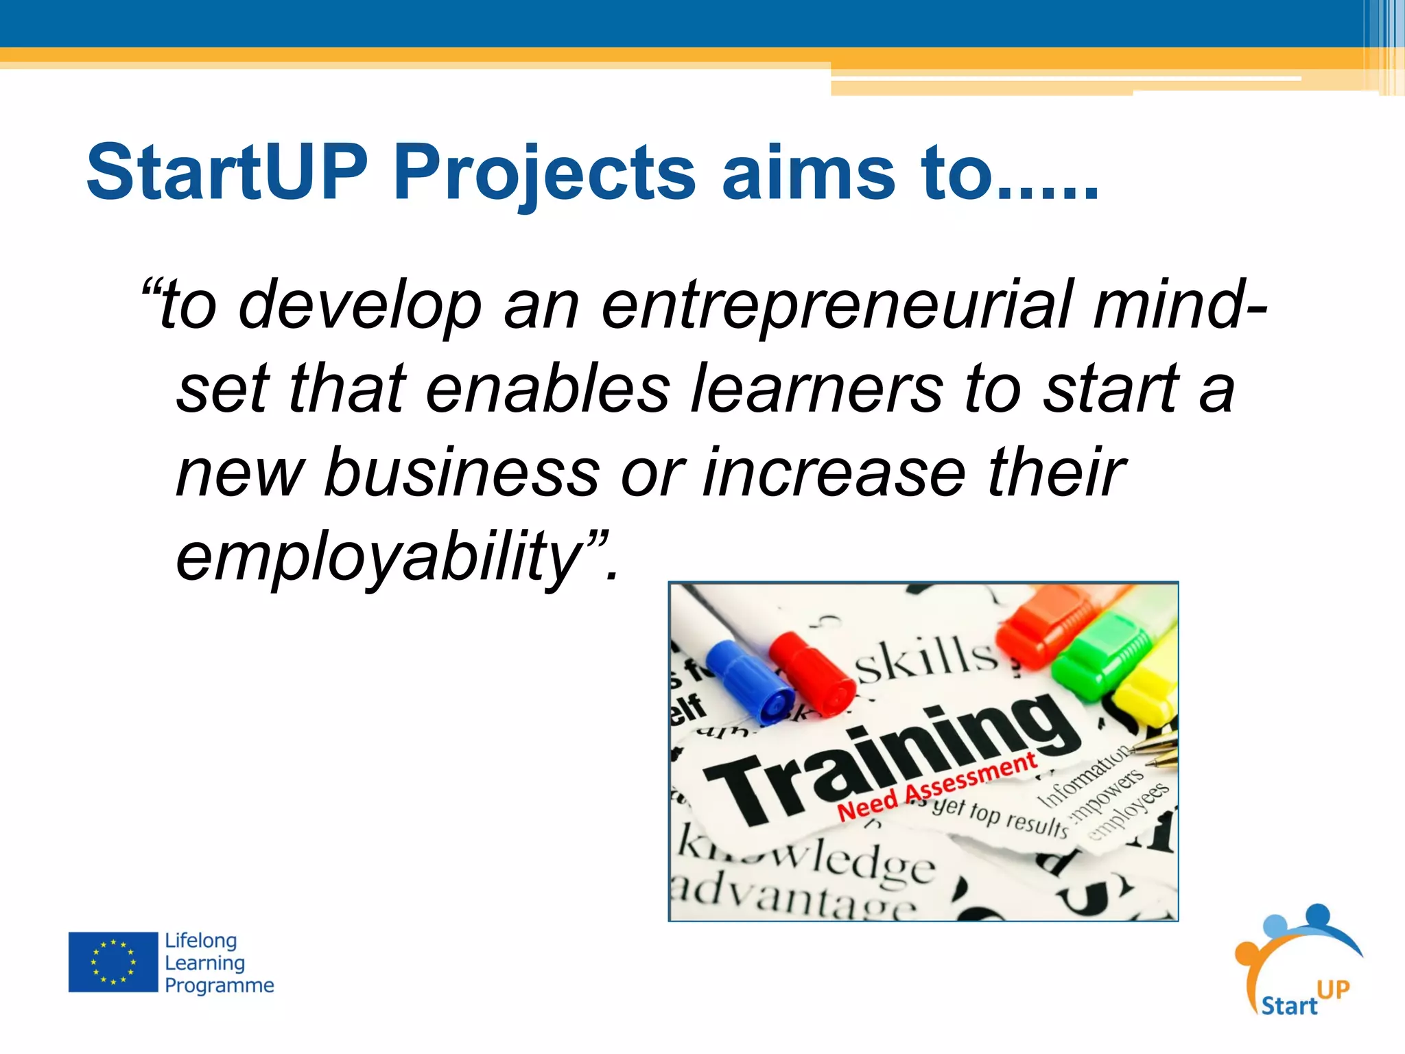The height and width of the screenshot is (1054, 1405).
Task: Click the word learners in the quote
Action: click(x=816, y=390)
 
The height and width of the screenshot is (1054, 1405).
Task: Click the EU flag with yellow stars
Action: click(x=113, y=962)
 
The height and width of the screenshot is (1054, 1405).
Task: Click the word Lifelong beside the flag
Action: click(x=200, y=940)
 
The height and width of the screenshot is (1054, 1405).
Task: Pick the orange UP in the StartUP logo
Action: click(x=1333, y=989)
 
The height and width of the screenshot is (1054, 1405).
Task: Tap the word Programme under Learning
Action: click(x=219, y=985)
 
